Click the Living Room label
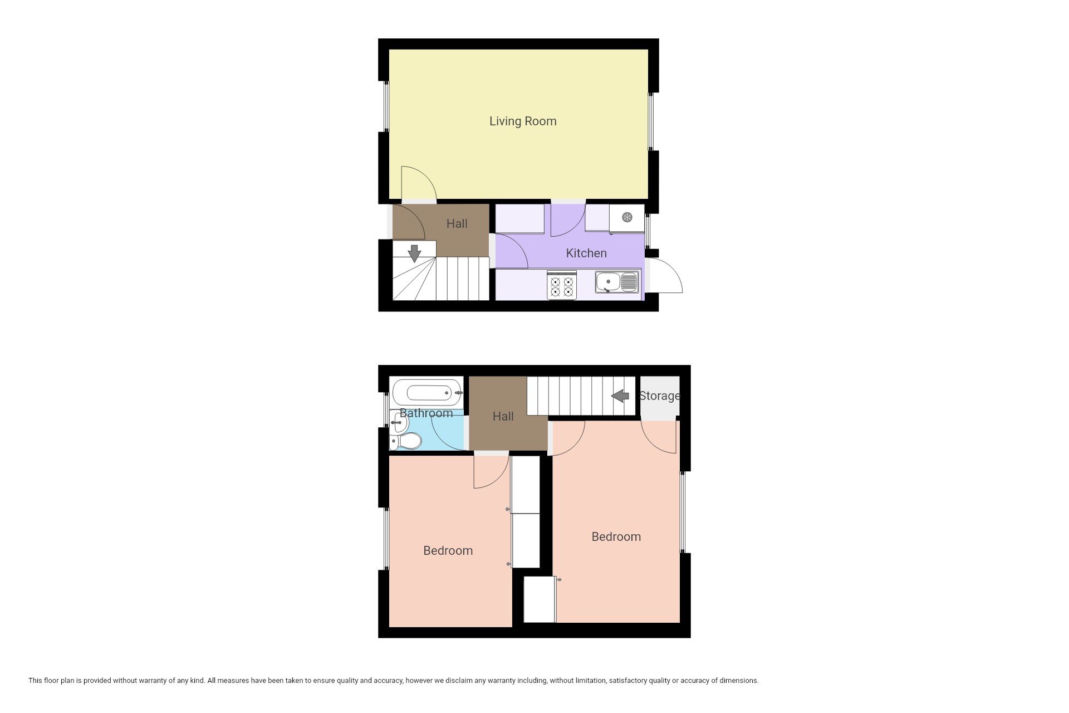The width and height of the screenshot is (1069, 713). (523, 121)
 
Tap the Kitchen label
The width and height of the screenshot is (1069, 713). (586, 253)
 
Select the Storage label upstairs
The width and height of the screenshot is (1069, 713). (660, 396)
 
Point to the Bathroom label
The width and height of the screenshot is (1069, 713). (426, 413)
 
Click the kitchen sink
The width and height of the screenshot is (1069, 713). (617, 282)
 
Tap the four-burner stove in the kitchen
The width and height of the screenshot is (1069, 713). (562, 285)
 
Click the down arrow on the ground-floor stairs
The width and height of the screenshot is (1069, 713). (414, 253)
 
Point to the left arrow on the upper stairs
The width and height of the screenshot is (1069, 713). (620, 396)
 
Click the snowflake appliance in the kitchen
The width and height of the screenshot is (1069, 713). (627, 218)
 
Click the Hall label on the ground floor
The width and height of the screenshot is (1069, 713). (457, 224)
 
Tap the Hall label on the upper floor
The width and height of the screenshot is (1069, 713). (503, 417)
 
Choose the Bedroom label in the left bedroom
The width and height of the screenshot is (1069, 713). (448, 551)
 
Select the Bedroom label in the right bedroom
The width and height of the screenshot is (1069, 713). (616, 537)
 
